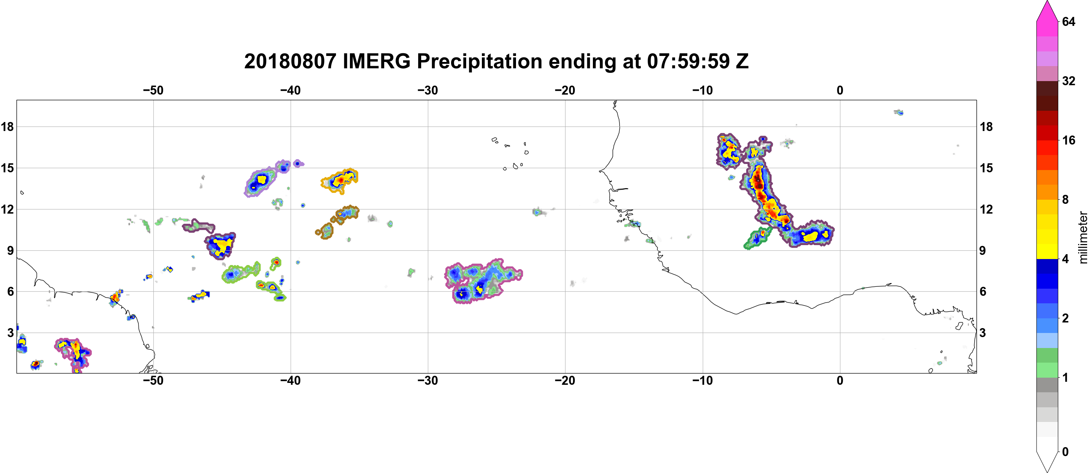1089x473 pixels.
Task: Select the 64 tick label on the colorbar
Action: [1069, 21]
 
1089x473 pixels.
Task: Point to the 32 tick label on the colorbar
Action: [1069, 81]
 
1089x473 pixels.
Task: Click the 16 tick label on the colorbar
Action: [1069, 140]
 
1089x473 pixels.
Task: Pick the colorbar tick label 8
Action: [1065, 200]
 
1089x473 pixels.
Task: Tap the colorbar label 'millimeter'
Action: [1083, 237]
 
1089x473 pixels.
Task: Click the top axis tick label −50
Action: [153, 90]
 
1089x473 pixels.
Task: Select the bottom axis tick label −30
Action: [428, 381]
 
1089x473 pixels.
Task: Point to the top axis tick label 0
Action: [840, 90]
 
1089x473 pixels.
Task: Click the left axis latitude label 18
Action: [7, 127]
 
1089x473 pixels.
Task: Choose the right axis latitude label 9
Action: [983, 250]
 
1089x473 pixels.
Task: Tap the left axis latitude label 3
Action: [10, 333]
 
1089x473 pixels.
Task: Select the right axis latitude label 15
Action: [986, 168]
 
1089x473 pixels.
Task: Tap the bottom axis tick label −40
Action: [290, 381]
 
